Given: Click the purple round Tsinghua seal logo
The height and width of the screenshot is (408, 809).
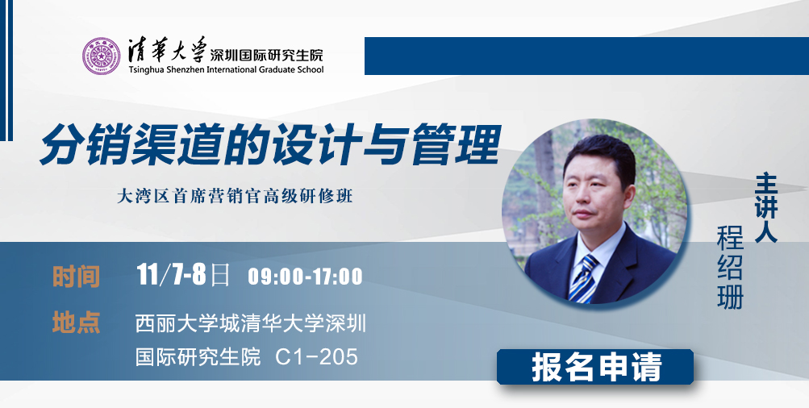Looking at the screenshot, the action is tap(101, 56).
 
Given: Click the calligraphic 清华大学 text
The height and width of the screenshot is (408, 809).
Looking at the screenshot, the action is tap(167, 51).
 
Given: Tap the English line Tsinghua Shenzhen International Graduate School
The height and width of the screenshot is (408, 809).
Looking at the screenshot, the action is tap(226, 69).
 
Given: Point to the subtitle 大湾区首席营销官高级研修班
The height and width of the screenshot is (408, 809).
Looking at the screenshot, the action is tap(235, 197).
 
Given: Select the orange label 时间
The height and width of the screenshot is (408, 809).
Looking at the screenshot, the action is tap(76, 277).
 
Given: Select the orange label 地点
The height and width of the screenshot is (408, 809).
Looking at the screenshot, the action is tap(76, 322).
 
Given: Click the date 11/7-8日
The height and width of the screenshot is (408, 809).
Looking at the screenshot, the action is tap(183, 274).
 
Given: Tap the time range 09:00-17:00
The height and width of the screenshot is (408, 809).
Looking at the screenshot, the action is tap(306, 277).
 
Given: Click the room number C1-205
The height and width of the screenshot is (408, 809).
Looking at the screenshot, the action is tap(316, 357).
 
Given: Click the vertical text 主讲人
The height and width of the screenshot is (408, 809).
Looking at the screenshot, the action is tap(765, 208).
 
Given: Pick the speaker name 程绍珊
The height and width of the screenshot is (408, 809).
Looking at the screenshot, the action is tap(730, 268).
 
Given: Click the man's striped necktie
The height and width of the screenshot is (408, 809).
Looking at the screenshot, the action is tap(583, 277).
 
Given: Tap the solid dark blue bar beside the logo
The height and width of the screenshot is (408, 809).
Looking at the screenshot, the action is tap(586, 56).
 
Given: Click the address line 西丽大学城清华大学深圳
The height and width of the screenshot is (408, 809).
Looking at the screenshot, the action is tap(251, 323).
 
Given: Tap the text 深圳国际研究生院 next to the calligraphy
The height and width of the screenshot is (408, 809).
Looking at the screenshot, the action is tap(267, 54).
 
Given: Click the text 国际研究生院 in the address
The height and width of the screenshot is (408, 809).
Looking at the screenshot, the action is tap(198, 357).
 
